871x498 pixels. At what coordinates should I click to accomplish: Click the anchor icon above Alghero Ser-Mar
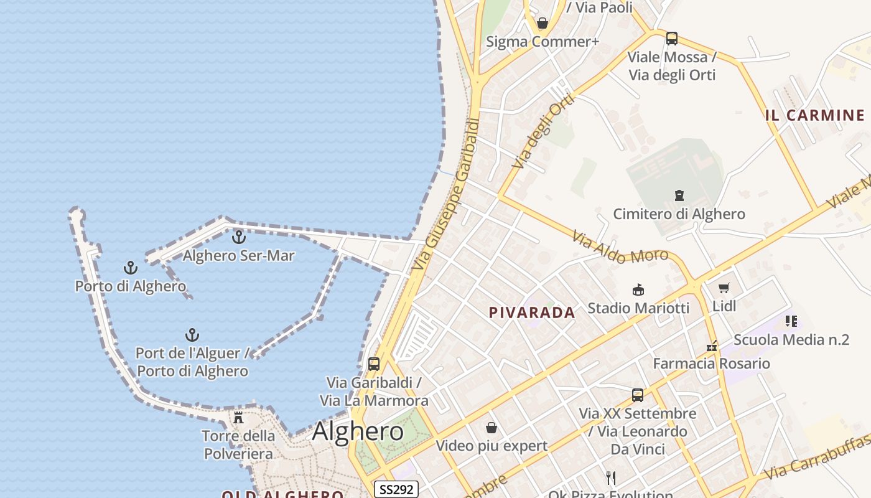tap(239, 237)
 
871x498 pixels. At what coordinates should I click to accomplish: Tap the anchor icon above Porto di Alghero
tap(130, 268)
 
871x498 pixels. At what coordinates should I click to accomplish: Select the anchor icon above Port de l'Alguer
tap(192, 336)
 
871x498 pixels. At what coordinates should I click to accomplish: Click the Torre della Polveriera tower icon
tap(238, 417)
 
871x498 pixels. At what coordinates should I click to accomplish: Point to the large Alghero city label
tap(358, 431)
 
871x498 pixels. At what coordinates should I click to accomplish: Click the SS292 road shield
tap(396, 489)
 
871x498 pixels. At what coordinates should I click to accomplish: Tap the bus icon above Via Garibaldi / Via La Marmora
tap(374, 364)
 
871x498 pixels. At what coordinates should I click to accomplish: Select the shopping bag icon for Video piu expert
tap(491, 428)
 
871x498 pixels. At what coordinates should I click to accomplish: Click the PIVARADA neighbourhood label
tap(532, 313)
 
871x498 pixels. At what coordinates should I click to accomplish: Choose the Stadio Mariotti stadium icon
tap(638, 289)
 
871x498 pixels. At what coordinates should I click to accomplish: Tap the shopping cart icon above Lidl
tap(724, 288)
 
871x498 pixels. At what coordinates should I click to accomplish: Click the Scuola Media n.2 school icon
tap(791, 321)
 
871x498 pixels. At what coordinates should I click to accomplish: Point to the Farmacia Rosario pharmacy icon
tap(712, 345)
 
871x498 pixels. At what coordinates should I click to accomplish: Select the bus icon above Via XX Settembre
tap(638, 395)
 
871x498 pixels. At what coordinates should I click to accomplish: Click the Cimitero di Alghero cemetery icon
tap(679, 195)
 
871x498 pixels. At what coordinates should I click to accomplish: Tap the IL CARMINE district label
tap(814, 115)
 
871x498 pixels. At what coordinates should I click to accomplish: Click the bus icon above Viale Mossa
tap(672, 39)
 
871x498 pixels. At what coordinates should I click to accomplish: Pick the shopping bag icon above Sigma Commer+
tap(543, 23)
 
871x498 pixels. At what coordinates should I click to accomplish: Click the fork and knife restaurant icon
tap(611, 477)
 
